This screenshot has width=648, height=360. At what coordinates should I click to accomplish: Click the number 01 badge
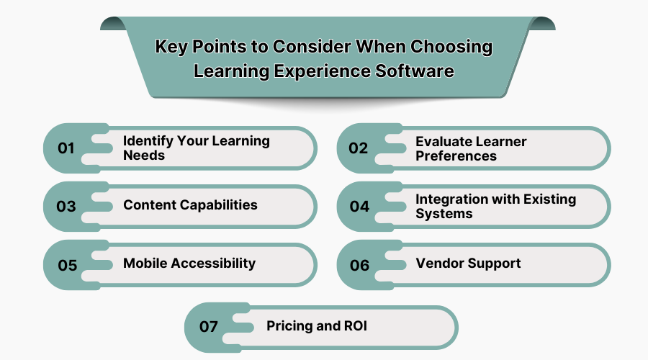(x=66, y=148)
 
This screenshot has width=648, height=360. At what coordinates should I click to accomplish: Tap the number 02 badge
(x=359, y=148)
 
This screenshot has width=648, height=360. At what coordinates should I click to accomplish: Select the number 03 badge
(x=66, y=207)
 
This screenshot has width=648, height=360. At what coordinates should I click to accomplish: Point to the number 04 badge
(x=359, y=207)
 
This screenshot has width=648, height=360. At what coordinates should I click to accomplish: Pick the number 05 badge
(x=67, y=265)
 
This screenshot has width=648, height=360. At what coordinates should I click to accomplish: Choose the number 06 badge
(x=359, y=265)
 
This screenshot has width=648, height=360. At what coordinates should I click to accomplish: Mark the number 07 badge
(x=209, y=327)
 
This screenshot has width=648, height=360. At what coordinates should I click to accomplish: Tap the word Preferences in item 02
(x=456, y=156)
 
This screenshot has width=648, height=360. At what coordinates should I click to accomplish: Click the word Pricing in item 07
(x=292, y=326)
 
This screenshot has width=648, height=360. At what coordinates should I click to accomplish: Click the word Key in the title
(x=171, y=48)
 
